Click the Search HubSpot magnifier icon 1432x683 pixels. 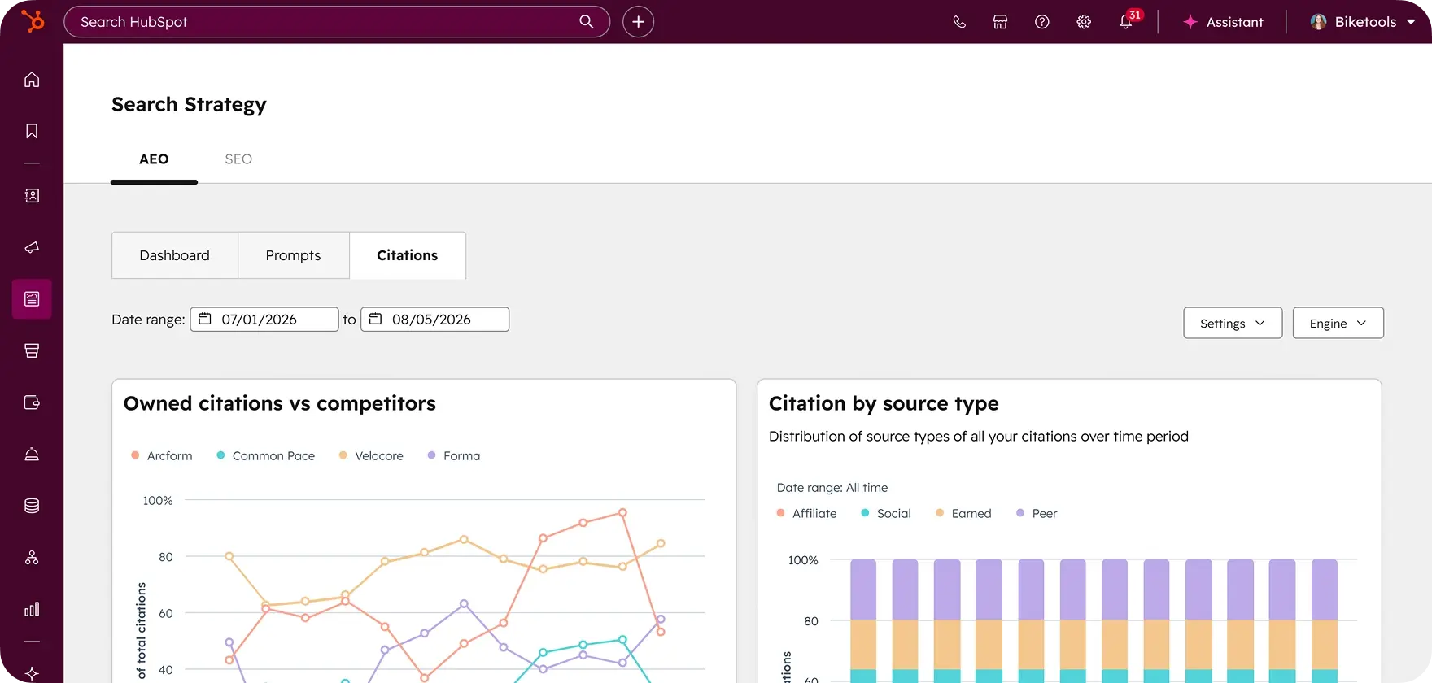586,22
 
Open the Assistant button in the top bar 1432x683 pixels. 1223,22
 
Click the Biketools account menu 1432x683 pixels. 1363,22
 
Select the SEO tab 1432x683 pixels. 238,159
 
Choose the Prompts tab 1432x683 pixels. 293,255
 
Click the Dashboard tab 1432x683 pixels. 174,255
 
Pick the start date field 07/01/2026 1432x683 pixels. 264,320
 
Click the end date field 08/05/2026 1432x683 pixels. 435,320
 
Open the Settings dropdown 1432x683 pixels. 1233,323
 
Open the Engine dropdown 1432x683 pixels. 1338,323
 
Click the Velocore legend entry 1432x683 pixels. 371,456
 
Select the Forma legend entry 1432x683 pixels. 454,456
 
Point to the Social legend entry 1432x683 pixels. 886,514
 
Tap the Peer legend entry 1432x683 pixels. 1037,514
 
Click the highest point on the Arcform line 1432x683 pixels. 622,512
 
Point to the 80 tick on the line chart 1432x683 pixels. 166,557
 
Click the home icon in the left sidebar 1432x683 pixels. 32,80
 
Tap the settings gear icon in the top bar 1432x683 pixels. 1084,22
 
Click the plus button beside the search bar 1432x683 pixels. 639,22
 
